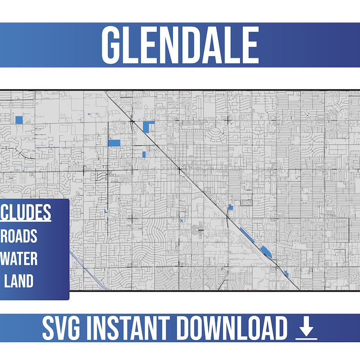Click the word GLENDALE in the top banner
click(x=180, y=45)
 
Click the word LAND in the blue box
click(x=18, y=281)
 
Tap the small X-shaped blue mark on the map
click(x=181, y=220)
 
